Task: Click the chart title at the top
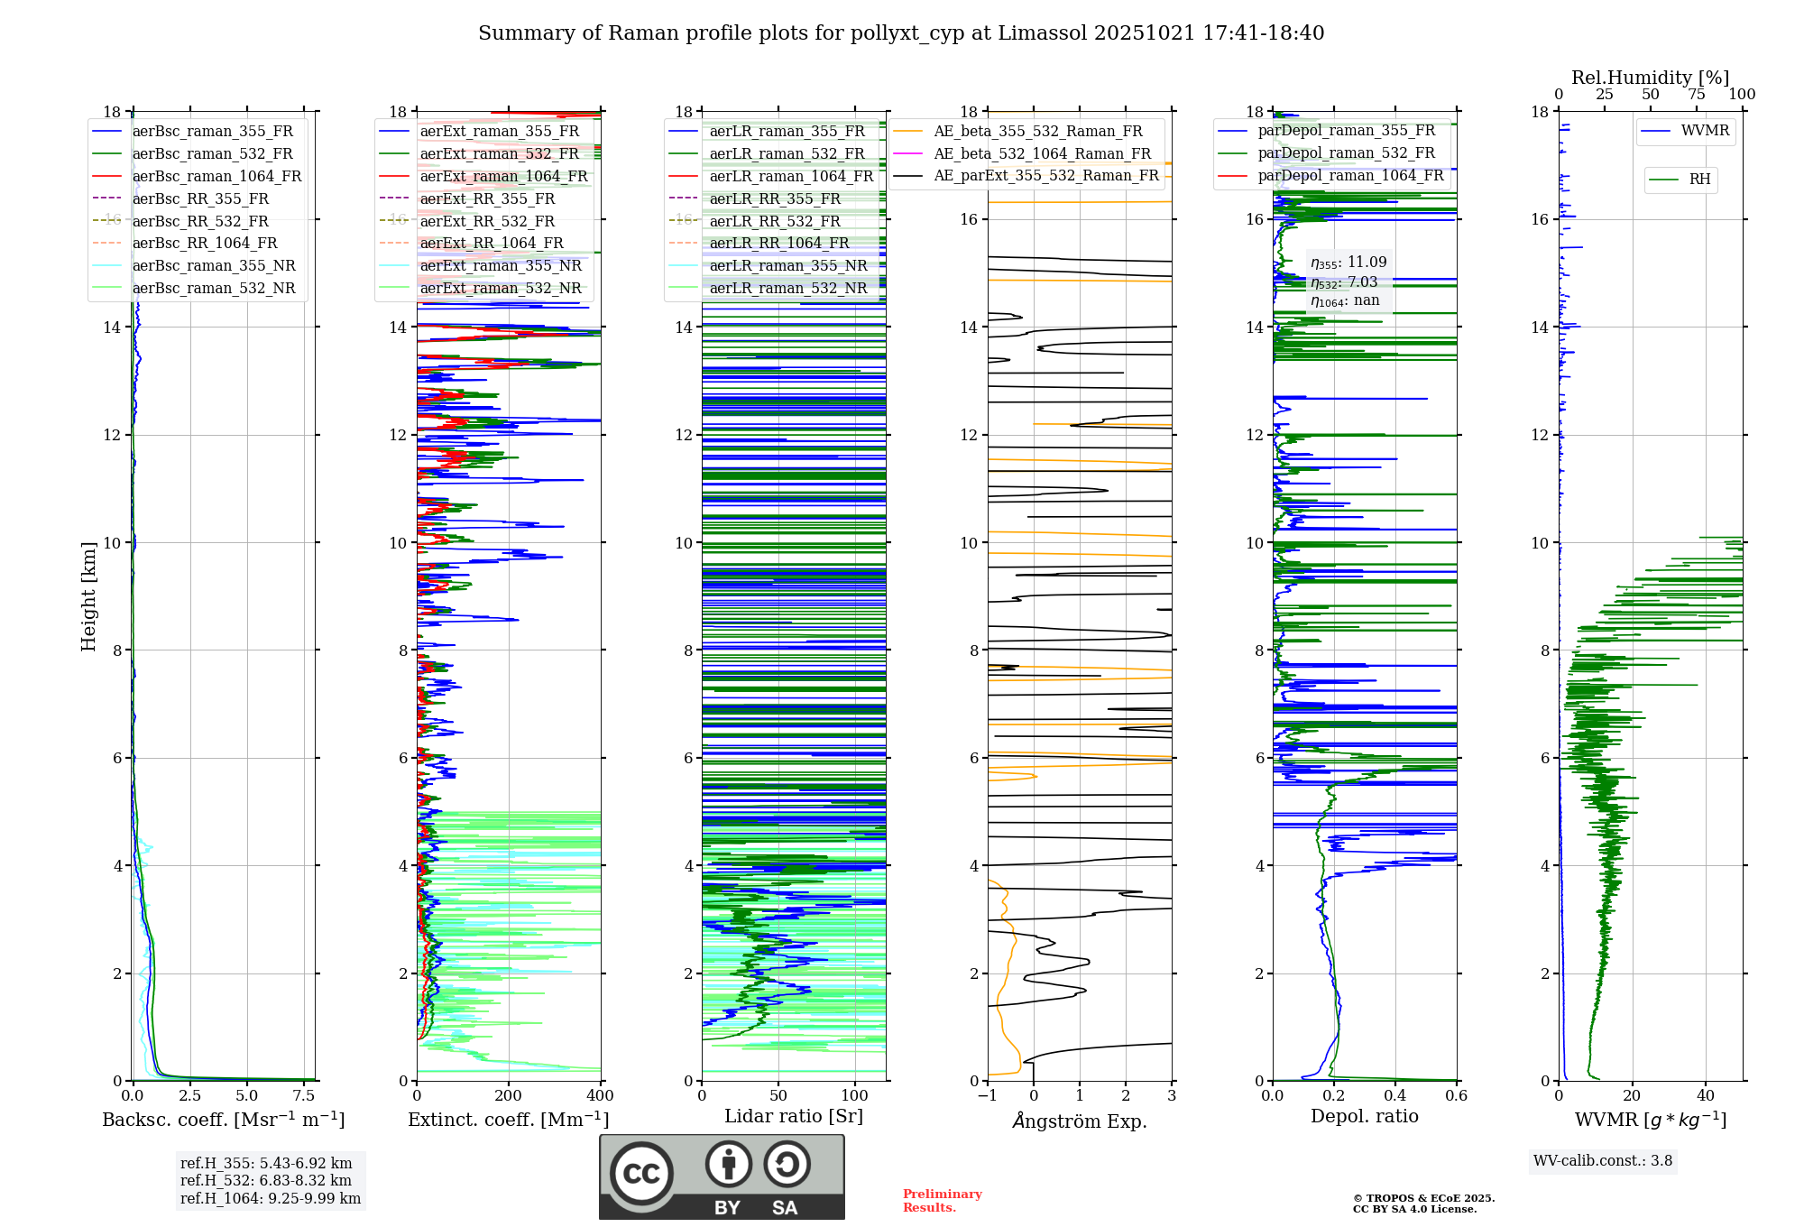tap(901, 33)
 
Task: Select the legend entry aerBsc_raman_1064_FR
tap(216, 176)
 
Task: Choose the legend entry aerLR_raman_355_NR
tap(787, 265)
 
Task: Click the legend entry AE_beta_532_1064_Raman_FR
tap(1042, 153)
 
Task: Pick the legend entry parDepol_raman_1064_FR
tap(1350, 175)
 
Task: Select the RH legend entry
tap(1699, 180)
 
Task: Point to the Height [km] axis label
tap(88, 595)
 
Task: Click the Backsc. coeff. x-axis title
tap(224, 1120)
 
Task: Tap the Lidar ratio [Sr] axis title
tap(794, 1116)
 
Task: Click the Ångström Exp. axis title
tap(1080, 1121)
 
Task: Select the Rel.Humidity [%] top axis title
tap(1650, 78)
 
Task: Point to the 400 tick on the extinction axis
tap(600, 1096)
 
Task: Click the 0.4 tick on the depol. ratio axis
tap(1395, 1096)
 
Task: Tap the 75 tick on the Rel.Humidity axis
tap(1696, 95)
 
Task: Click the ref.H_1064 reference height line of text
tap(271, 1198)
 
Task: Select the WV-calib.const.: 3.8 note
tap(1603, 1161)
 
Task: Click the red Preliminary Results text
tap(942, 1201)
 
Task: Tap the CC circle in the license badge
tap(641, 1174)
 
